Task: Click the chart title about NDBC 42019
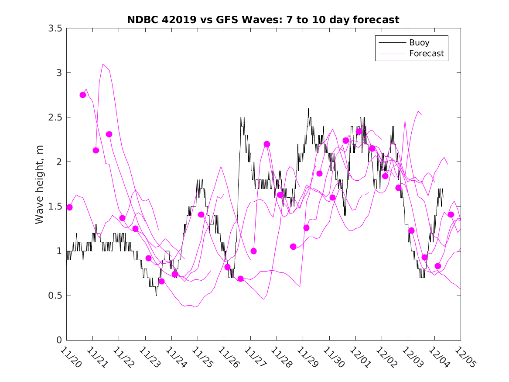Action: pyautogui.click(x=263, y=20)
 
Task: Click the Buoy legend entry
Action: pyautogui.click(x=419, y=43)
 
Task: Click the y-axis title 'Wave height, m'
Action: pyautogui.click(x=40, y=184)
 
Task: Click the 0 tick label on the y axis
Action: pyautogui.click(x=59, y=340)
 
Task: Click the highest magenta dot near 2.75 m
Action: pyautogui.click(x=83, y=95)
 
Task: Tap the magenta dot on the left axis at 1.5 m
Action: pyautogui.click(x=69, y=207)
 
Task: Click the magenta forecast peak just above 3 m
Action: pyautogui.click(x=103, y=64)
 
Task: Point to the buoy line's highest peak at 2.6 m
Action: pyautogui.click(x=308, y=109)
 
